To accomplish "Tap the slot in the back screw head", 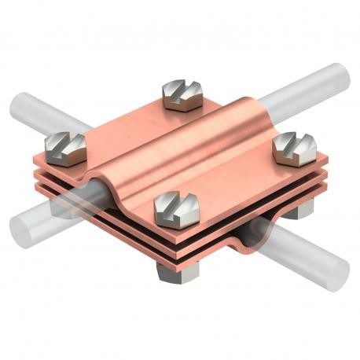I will tap(179, 90).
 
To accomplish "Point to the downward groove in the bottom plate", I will tap(259, 228).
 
